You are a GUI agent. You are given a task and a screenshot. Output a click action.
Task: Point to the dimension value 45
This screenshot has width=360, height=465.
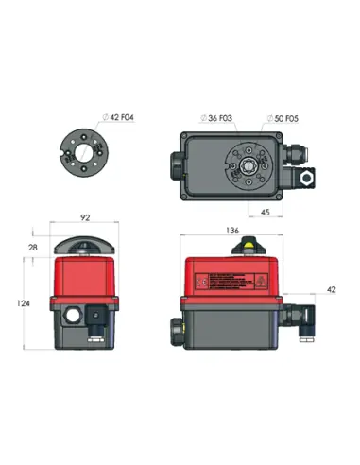[267, 213]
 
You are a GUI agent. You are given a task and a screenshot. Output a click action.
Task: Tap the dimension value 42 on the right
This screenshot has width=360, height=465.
[331, 289]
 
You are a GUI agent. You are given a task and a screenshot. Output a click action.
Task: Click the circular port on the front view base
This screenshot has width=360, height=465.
[71, 314]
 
